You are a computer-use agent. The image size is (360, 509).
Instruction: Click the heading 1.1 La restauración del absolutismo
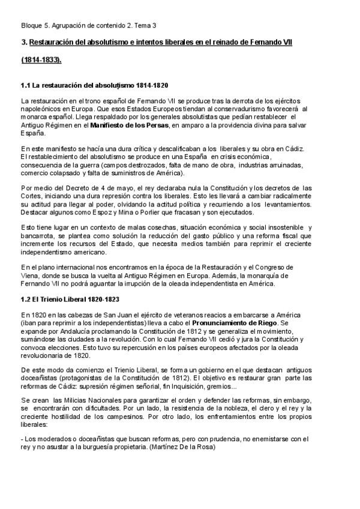pyautogui.click(x=94, y=86)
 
